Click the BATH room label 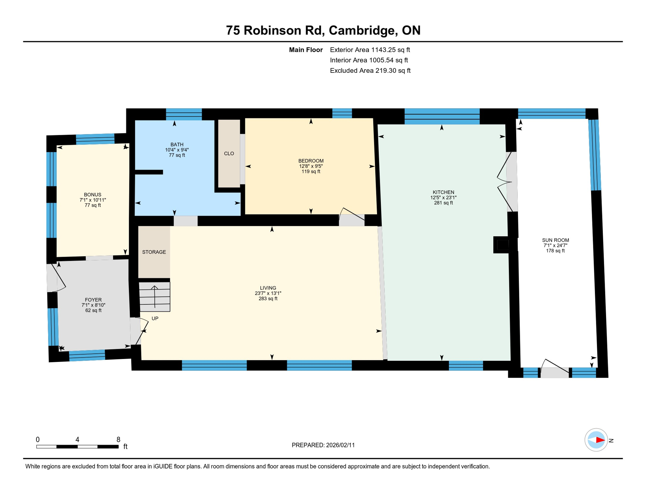[x=177, y=145]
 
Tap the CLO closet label [x=229, y=154]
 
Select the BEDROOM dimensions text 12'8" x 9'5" [x=311, y=166]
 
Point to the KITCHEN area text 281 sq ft [x=443, y=203]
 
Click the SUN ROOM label [x=555, y=240]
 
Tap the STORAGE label [x=154, y=252]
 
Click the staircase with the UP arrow [x=155, y=297]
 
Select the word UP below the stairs [x=155, y=319]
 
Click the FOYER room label [x=93, y=300]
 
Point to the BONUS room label [x=93, y=195]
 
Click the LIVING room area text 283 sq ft [x=268, y=299]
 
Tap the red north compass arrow [x=600, y=440]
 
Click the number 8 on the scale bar [x=118, y=440]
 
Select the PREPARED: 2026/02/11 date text [x=323, y=445]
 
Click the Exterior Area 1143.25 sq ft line [x=370, y=50]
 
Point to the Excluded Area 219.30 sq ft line [x=370, y=70]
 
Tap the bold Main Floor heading [x=305, y=50]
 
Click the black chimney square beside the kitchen [x=503, y=245]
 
